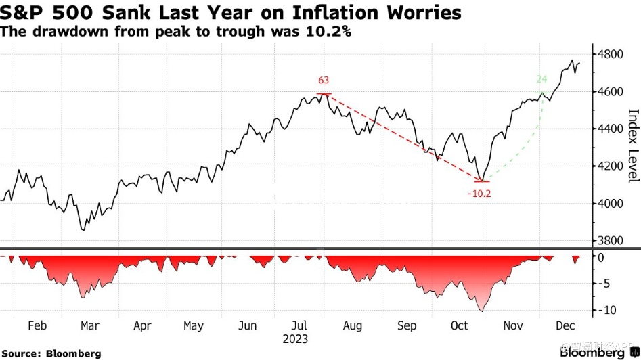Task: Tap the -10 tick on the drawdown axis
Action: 606,310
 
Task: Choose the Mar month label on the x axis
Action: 90,325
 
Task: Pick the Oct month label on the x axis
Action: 460,325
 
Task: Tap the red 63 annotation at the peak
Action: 324,81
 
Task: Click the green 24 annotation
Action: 542,78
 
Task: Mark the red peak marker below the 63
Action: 324,94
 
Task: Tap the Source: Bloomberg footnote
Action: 51,353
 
